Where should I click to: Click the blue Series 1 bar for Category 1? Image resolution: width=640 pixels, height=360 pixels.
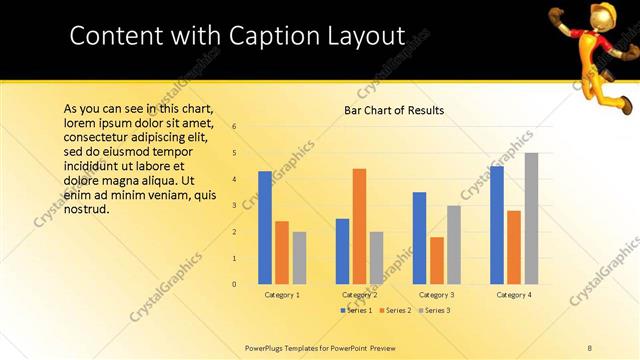[265, 228]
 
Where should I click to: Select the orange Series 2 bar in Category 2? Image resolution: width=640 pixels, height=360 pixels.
[359, 226]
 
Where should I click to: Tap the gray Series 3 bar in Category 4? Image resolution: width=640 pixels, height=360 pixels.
[531, 218]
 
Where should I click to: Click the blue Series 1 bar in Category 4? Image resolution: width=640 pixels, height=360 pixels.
[497, 225]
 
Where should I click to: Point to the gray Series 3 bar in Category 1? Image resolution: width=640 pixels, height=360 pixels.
[299, 258]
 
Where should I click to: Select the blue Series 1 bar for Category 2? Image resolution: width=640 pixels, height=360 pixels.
[342, 251]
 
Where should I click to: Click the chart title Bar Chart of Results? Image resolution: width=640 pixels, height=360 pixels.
[387, 110]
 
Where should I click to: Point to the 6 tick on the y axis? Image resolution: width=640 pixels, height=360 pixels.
[234, 127]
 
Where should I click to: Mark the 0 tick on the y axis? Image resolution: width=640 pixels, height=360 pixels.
[234, 284]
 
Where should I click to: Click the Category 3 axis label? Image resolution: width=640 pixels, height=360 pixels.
[436, 295]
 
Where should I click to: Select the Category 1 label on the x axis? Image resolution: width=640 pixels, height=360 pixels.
[282, 295]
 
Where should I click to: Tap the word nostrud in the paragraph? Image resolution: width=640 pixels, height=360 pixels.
[86, 210]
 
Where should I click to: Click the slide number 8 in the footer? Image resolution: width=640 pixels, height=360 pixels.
[590, 346]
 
